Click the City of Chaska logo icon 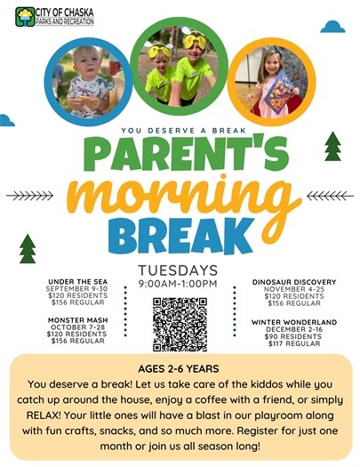click(22, 13)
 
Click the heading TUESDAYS click(179, 270)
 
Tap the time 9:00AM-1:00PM click(179, 284)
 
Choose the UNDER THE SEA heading click(80, 281)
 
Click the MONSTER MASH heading click(80, 318)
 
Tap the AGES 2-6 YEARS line click(179, 368)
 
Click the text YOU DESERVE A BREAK click(179, 126)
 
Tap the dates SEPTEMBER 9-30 click(80, 288)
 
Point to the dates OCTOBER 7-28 click(80, 326)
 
